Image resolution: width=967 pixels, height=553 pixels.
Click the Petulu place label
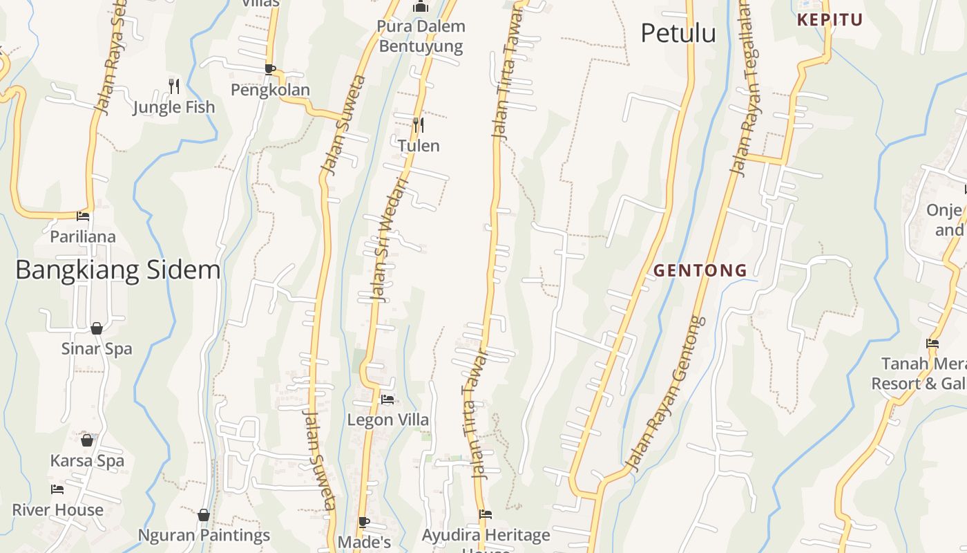click(x=678, y=33)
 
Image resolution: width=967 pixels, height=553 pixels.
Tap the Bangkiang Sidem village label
click(x=117, y=270)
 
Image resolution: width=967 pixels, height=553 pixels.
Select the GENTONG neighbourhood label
click(x=700, y=270)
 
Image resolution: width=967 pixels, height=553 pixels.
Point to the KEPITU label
click(x=830, y=20)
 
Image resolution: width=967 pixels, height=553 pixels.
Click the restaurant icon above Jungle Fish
click(x=174, y=86)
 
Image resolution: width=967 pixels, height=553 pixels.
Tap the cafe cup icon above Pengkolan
click(x=270, y=69)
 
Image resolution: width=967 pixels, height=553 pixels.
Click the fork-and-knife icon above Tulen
click(x=418, y=125)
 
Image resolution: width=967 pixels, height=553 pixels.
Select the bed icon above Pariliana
click(x=83, y=216)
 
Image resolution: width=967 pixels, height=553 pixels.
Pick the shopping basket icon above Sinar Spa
click(x=97, y=328)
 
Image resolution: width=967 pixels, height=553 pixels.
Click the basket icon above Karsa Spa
click(x=87, y=440)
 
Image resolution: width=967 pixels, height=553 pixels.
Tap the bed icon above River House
click(x=57, y=489)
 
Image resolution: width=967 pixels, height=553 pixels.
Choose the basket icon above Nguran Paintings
click(x=204, y=515)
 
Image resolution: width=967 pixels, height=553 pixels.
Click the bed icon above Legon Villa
click(x=387, y=400)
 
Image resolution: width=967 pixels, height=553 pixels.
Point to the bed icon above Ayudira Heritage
click(x=486, y=514)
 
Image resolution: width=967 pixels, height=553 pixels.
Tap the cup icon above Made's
click(x=364, y=522)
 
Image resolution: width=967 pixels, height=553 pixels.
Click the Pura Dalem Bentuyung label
click(x=421, y=37)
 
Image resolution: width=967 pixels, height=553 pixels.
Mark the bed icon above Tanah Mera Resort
click(x=932, y=343)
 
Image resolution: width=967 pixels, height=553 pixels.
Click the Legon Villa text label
click(x=387, y=420)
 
